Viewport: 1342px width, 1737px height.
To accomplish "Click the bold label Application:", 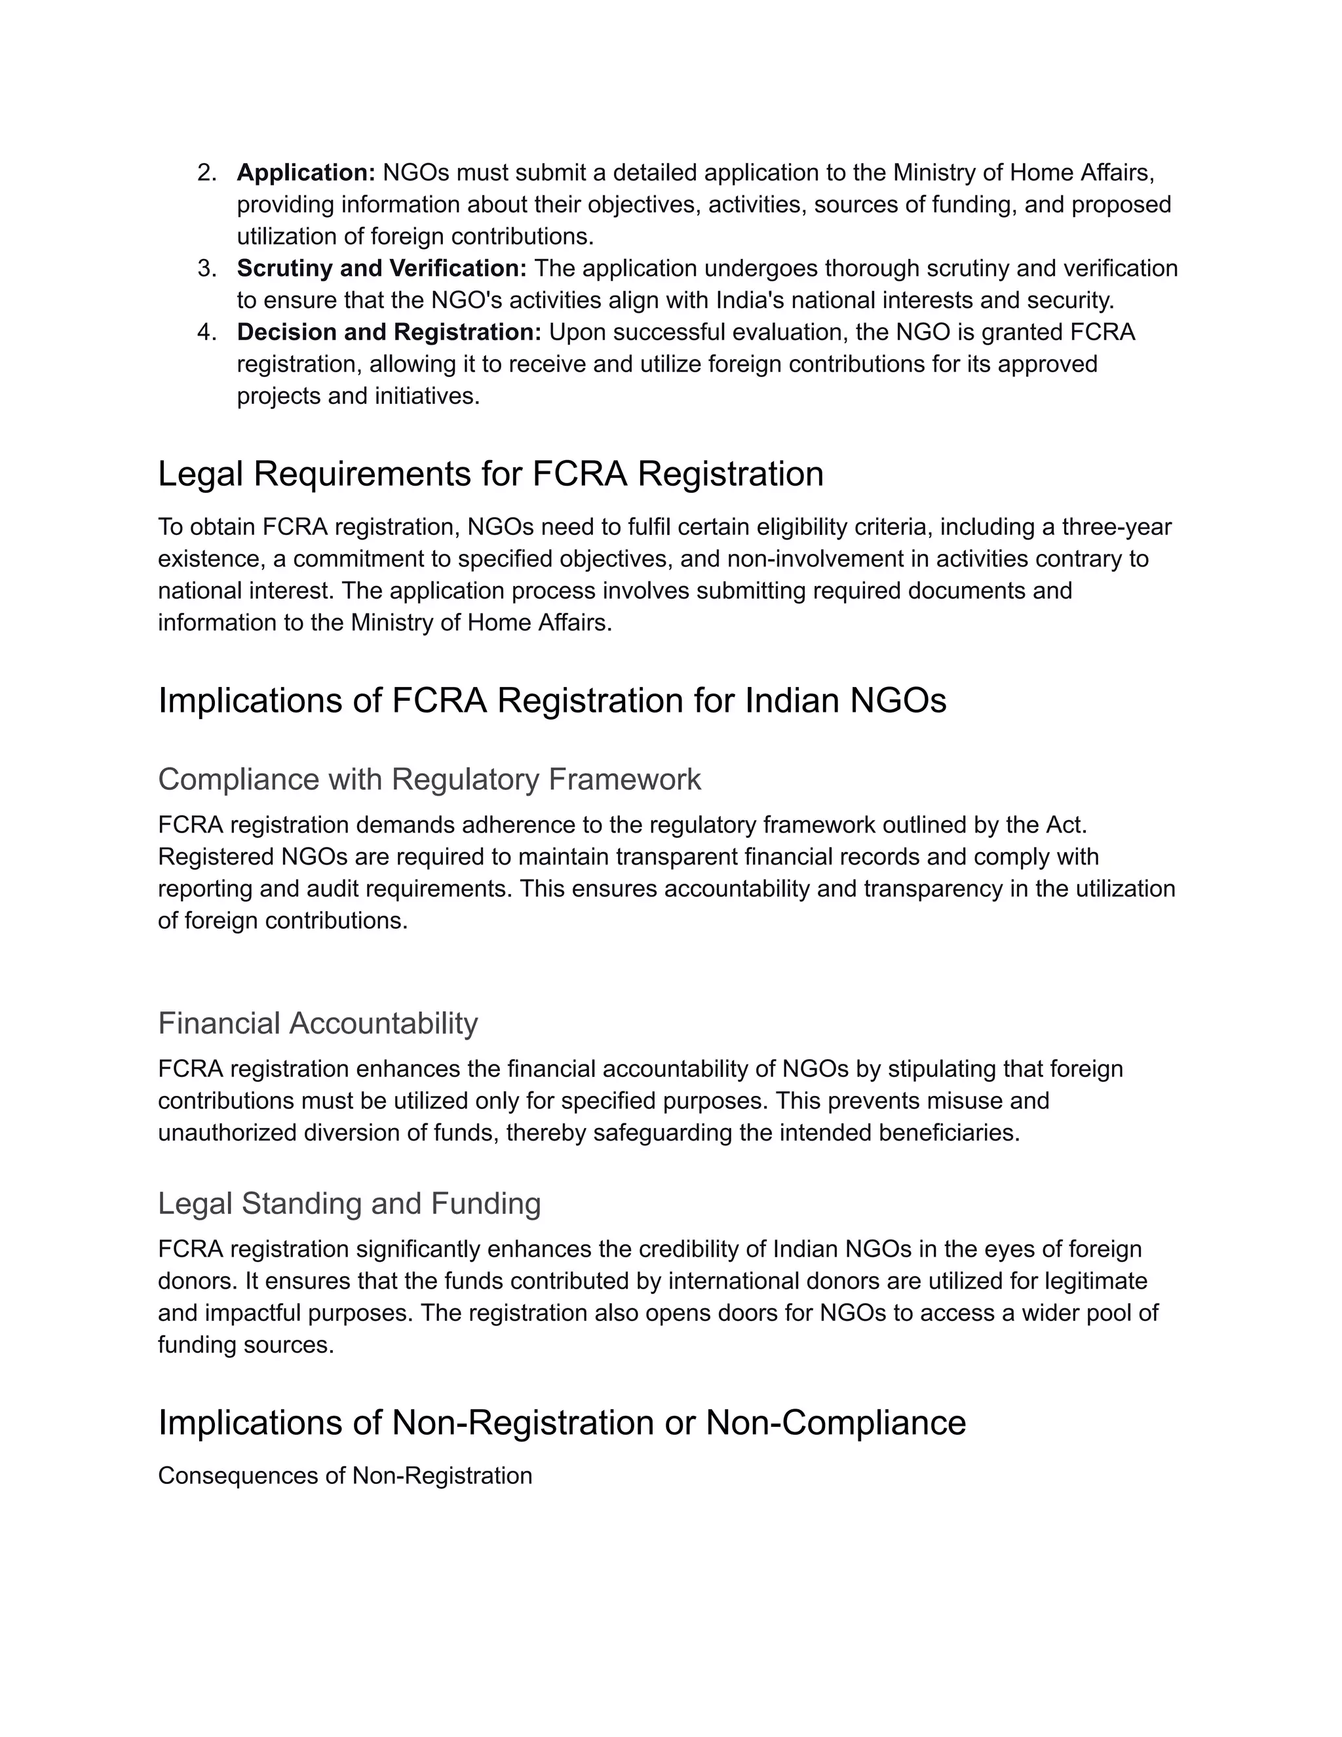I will pyautogui.click(x=306, y=172).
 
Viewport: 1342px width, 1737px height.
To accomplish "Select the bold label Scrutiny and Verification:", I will pyautogui.click(x=381, y=268).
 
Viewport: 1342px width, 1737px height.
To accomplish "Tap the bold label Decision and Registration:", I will pyautogui.click(x=389, y=332).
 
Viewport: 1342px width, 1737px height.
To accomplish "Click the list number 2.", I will pyautogui.click(x=206, y=172).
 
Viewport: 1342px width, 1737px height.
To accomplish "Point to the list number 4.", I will pyautogui.click(x=206, y=332).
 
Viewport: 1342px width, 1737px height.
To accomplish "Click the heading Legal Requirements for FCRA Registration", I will pyautogui.click(x=491, y=474).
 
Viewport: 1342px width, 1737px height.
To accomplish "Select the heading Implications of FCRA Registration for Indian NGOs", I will pyautogui.click(x=552, y=701).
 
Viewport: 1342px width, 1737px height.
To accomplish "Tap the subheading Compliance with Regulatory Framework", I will pyautogui.click(x=429, y=779).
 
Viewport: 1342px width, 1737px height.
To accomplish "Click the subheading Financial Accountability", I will pyautogui.click(x=318, y=1024).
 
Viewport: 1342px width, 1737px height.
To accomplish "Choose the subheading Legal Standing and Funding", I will pyautogui.click(x=349, y=1203).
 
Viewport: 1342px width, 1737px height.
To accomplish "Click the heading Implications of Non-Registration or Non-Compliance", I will pyautogui.click(x=562, y=1423).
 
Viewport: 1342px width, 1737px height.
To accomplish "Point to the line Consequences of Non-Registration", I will pyautogui.click(x=345, y=1476).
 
